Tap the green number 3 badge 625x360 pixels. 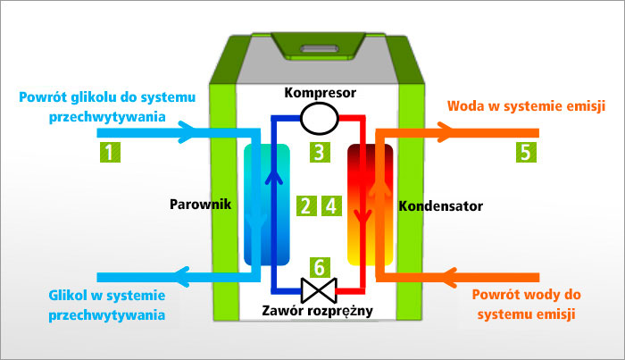pyautogui.click(x=320, y=152)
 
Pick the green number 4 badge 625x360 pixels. pyautogui.click(x=331, y=206)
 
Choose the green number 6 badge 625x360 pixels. pyautogui.click(x=319, y=265)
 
